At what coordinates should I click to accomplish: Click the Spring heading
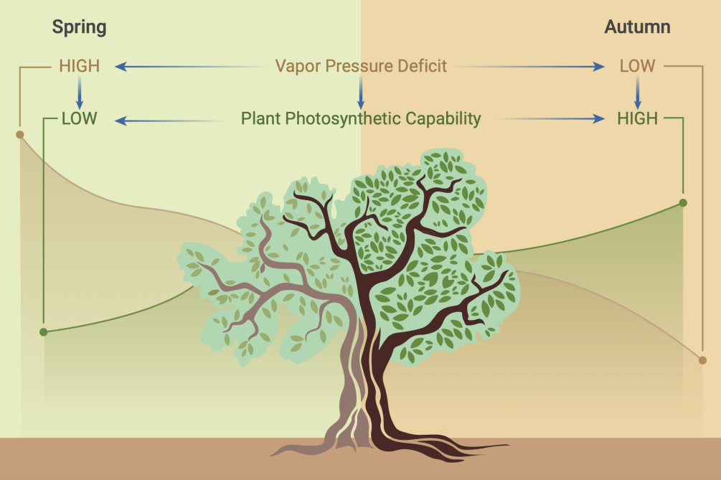click(79, 27)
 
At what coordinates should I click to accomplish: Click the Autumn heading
click(637, 27)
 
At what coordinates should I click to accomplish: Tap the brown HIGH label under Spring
click(79, 67)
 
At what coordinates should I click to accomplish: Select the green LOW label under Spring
click(79, 118)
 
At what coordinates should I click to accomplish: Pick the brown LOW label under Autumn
click(637, 67)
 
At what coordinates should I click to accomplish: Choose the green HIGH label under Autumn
click(637, 118)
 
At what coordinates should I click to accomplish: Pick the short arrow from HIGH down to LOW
click(80, 93)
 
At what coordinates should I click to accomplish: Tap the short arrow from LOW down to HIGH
click(637, 93)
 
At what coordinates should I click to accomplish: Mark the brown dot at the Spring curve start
click(19, 134)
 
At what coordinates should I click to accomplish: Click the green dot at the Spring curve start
click(44, 331)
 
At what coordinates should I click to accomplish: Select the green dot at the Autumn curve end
click(684, 203)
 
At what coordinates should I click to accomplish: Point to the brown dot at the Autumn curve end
click(702, 359)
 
